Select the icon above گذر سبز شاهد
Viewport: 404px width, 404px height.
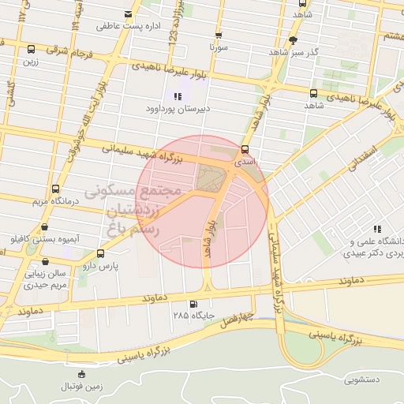pos(294,39)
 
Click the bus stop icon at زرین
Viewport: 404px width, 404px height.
pos(31,49)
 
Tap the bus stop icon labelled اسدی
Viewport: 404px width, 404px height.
pos(244,148)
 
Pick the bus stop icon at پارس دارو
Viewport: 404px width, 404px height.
pos(100,254)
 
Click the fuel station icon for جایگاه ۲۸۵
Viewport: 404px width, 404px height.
pos(194,304)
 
